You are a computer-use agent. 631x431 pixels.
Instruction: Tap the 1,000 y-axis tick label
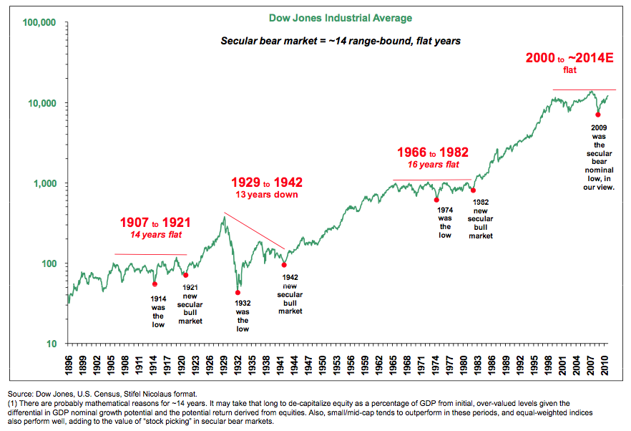(44, 183)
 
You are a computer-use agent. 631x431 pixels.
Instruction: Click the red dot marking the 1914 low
(155, 284)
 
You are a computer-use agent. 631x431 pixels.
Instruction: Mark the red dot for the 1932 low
(238, 293)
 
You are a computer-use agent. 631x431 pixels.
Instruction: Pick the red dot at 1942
(284, 265)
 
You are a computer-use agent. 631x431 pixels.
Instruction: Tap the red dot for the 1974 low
(436, 200)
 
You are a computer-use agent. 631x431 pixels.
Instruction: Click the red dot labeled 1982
(473, 190)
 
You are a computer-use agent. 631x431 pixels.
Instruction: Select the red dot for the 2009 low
(597, 115)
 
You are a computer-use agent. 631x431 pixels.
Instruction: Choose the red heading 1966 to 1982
(433, 152)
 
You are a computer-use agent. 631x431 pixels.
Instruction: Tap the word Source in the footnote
(21, 394)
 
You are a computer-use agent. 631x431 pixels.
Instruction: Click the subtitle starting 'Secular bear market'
(340, 41)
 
